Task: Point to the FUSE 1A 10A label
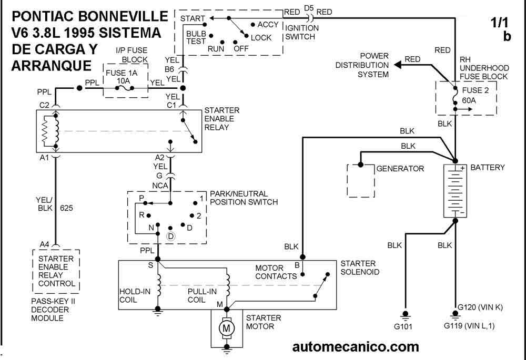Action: (122, 77)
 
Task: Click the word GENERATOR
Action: (400, 169)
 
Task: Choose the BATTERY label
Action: (487, 168)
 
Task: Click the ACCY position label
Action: (268, 25)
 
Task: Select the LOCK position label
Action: (261, 37)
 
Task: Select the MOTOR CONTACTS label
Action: (277, 272)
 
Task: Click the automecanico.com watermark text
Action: (355, 347)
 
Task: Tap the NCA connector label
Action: (160, 185)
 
